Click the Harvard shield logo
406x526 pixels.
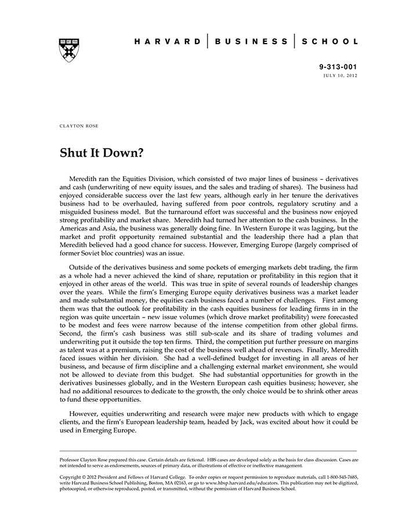point(69,50)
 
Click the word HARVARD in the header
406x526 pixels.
point(168,42)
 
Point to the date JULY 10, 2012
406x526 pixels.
point(341,77)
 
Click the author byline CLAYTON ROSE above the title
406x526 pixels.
point(79,126)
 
